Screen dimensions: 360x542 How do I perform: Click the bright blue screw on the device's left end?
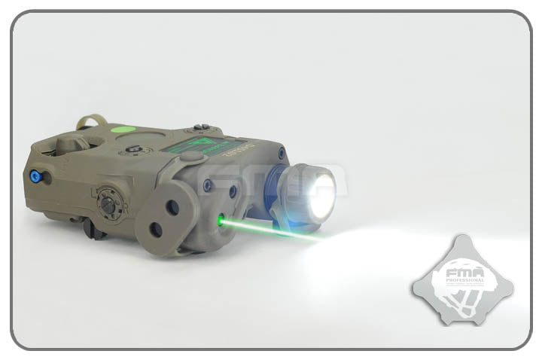[x=34, y=176]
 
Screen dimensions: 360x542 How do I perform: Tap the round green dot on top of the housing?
[x=118, y=129]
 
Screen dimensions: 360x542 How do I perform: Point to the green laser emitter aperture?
[x=221, y=221]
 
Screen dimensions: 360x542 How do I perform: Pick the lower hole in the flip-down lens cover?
[x=157, y=229]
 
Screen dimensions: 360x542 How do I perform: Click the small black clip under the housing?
[x=94, y=228]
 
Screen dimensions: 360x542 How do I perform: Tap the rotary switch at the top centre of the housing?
[x=135, y=148]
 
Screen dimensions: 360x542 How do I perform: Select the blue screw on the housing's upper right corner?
[x=281, y=154]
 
